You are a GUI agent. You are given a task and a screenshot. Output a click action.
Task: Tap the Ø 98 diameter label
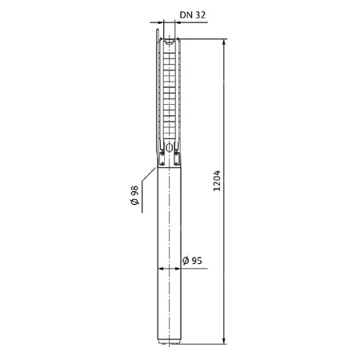[135, 195]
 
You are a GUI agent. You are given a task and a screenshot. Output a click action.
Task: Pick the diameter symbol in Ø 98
[135, 204]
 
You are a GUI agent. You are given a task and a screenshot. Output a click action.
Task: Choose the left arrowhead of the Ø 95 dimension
[161, 270]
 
